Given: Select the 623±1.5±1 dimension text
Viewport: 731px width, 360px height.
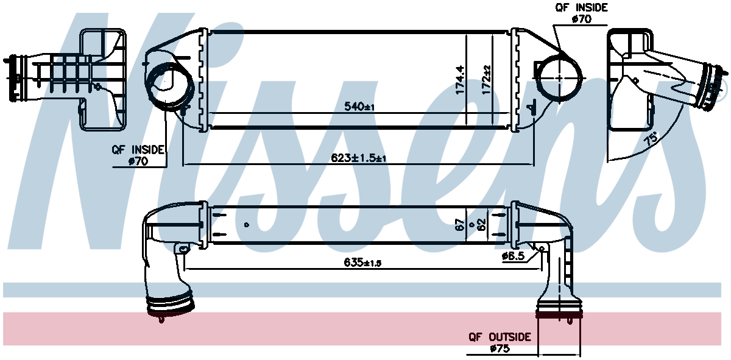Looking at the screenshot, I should tap(359, 158).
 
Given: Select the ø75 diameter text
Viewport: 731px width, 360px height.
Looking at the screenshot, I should tap(500, 349).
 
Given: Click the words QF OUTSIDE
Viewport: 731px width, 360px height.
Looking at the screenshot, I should tap(500, 337).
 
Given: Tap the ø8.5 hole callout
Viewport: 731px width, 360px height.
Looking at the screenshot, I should tap(513, 256).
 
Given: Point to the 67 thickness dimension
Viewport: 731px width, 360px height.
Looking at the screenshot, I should tap(461, 225).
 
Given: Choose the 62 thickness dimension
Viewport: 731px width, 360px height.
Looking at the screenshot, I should tap(482, 225).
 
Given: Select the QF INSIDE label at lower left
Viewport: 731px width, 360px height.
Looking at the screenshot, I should tap(138, 149).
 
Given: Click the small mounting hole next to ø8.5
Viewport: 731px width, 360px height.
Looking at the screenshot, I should tap(542, 248).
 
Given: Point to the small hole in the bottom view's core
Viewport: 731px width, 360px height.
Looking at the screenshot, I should tap(246, 225).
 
